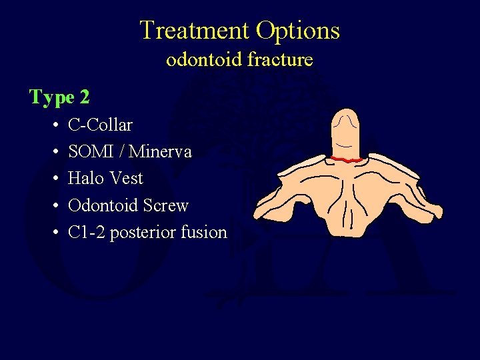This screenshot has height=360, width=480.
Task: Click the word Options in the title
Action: tap(298, 31)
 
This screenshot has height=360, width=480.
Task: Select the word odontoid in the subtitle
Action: tap(203, 60)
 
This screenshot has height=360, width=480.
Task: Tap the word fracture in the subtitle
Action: tap(279, 60)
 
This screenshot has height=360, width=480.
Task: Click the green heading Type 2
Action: tap(59, 97)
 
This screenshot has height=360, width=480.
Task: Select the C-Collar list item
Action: tap(100, 125)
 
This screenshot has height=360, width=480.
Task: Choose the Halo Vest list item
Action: tap(105, 179)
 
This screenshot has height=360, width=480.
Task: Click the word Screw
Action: tap(167, 205)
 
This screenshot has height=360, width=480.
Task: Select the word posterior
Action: tap(140, 233)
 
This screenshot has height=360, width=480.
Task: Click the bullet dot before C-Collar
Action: tap(53, 125)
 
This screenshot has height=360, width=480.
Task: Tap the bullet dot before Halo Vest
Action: tap(53, 179)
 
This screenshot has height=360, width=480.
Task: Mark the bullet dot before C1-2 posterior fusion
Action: tap(53, 233)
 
